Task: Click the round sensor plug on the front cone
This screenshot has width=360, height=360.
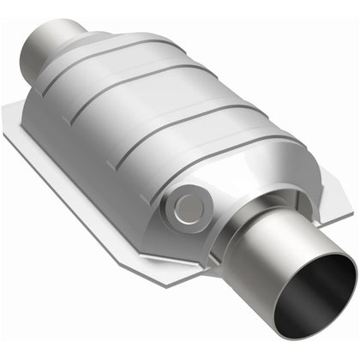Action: click(186, 206)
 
